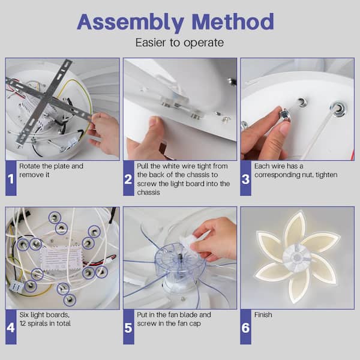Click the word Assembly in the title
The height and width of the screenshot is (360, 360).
pyautogui.click(x=130, y=23)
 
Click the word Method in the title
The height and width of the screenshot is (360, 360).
pyautogui.click(x=233, y=22)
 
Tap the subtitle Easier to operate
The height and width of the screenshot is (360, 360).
pyautogui.click(x=179, y=43)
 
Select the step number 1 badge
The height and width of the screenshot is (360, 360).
pyautogui.click(x=11, y=178)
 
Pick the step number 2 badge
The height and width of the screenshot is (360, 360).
pyautogui.click(x=128, y=178)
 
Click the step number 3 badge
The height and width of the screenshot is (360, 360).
pyautogui.click(x=245, y=178)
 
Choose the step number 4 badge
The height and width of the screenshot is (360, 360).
pyautogui.click(x=11, y=327)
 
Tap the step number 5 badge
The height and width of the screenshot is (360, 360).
pyautogui.click(x=128, y=327)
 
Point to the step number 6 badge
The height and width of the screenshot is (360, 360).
pyautogui.click(x=245, y=327)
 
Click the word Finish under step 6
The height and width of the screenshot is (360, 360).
pyautogui.click(x=263, y=314)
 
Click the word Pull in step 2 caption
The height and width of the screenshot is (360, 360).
pyautogui.click(x=143, y=166)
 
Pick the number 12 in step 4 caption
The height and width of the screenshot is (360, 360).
pyautogui.click(x=23, y=323)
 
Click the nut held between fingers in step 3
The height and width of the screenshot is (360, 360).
pyautogui.click(x=285, y=115)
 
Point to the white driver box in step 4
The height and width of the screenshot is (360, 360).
pyautogui.click(x=61, y=258)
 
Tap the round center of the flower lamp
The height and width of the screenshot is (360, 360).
pyautogui.click(x=297, y=258)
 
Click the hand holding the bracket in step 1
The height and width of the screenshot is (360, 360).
pyautogui.click(x=103, y=133)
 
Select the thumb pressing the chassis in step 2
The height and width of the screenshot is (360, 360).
pyautogui.click(x=157, y=128)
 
